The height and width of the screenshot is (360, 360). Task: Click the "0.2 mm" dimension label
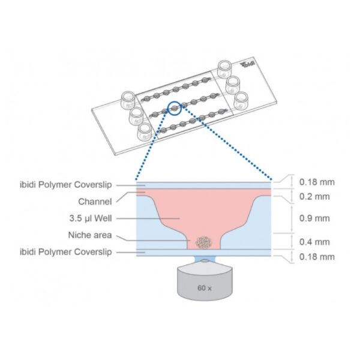(314, 197)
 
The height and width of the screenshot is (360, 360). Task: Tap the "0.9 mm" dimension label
(314, 218)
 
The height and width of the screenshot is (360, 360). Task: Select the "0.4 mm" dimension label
(314, 242)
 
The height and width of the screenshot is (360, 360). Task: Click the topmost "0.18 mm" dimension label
(317, 182)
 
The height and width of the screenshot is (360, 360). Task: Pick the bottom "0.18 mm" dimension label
(317, 257)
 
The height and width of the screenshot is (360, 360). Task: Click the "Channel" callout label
(95, 202)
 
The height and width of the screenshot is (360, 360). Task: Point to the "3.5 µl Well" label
(91, 218)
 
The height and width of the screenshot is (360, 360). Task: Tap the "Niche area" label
(90, 235)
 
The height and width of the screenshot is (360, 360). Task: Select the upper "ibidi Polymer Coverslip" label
(66, 185)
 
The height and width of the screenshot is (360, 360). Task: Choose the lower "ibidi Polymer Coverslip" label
(66, 252)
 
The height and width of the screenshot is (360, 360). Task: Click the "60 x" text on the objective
(205, 288)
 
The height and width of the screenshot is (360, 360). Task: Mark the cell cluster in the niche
(203, 242)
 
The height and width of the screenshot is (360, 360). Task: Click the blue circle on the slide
(175, 108)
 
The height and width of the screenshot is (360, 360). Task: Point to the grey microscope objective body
(205, 282)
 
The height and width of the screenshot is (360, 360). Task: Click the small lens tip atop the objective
(205, 261)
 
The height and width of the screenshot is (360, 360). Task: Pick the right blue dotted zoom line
(227, 142)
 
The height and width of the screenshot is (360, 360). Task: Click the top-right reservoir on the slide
(224, 69)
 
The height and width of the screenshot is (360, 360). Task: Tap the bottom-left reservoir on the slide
(145, 131)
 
